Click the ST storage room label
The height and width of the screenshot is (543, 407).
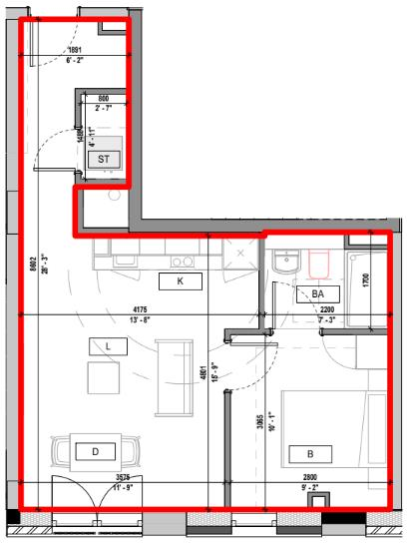point(102,158)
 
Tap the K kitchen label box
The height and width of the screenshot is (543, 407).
point(181,281)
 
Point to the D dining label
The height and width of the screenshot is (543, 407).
point(96,452)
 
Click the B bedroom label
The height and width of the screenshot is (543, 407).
point(296,453)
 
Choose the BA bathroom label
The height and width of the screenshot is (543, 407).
point(318,293)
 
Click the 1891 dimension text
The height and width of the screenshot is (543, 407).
point(75,50)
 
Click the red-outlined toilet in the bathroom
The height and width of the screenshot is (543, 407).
point(319,262)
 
